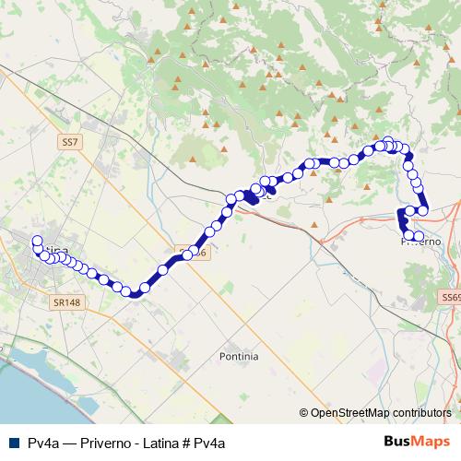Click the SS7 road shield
69,143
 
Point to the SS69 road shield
450,298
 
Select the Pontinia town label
239,355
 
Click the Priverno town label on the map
422,242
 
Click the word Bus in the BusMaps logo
399,442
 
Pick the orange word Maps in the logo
433,442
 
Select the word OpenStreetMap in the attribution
349,413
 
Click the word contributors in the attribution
421,413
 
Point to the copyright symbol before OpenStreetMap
304,413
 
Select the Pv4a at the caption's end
209,443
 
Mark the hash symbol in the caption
186,443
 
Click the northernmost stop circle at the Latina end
37,241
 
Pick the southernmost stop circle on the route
135,293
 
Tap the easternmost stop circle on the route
424,210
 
